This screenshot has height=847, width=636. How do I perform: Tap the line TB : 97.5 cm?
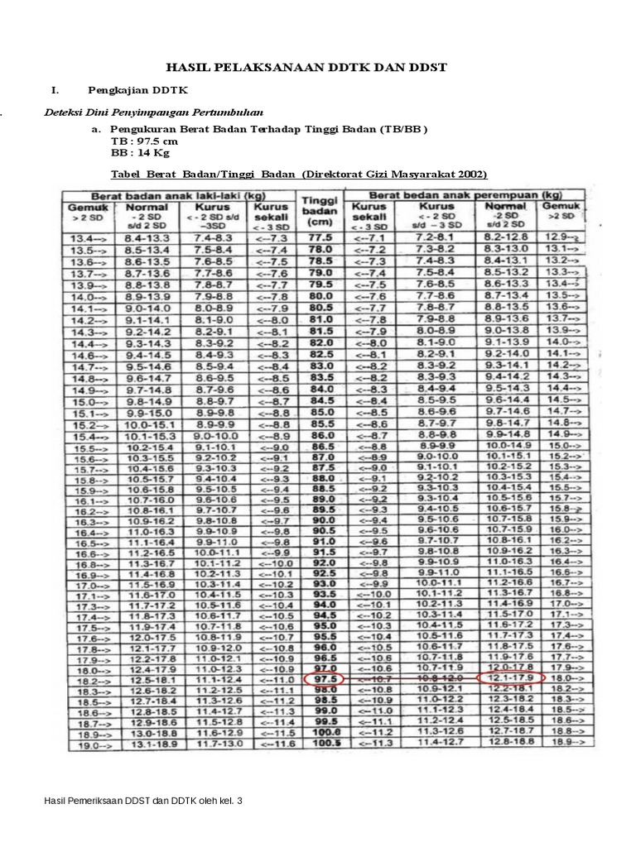click(x=144, y=141)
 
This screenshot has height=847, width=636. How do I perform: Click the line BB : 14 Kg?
click(x=140, y=153)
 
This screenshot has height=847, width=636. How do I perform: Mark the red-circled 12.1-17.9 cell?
click(x=509, y=678)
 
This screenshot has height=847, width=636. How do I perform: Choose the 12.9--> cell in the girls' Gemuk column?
click(x=562, y=237)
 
